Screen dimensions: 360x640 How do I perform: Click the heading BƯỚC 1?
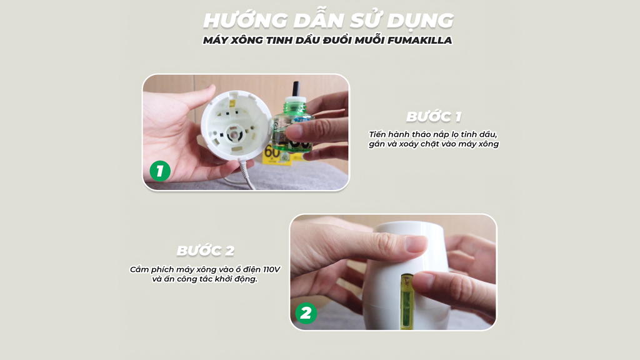[x=433, y=117]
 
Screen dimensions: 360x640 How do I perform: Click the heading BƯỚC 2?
[x=205, y=251]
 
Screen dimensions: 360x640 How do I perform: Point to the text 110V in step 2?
[x=269, y=269]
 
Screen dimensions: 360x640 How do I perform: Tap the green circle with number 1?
[x=160, y=171]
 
